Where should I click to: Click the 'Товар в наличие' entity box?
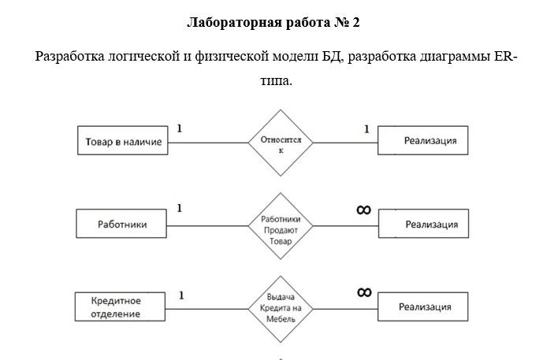pyautogui.click(x=121, y=142)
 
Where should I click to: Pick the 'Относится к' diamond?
pyautogui.click(x=281, y=143)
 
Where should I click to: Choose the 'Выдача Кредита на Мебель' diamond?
pyautogui.click(x=281, y=308)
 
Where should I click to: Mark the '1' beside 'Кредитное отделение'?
pyautogui.click(x=181, y=295)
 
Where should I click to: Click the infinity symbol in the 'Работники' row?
pyautogui.click(x=363, y=209)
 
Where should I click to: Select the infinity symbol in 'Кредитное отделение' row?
pyautogui.click(x=363, y=292)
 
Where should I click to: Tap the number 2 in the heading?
pyautogui.click(x=355, y=23)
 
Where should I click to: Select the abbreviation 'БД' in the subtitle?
pyautogui.click(x=331, y=57)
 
